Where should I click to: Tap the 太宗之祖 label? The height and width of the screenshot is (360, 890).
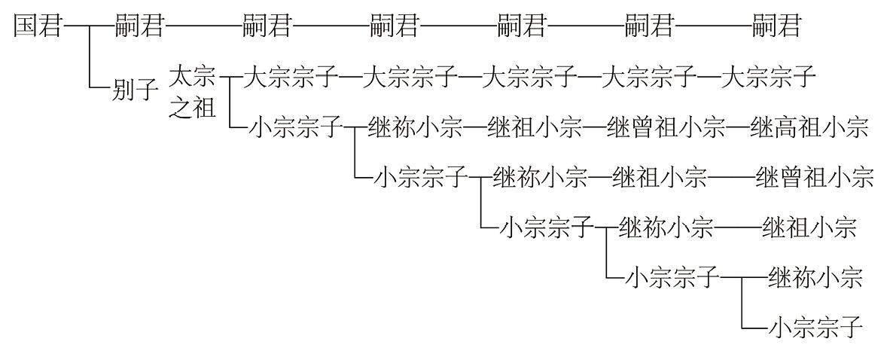[192, 92]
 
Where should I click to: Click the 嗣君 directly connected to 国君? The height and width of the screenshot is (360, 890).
[139, 28]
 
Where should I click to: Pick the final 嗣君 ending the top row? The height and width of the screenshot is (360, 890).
[776, 28]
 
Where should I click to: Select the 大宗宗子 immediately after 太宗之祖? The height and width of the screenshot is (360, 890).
[292, 77]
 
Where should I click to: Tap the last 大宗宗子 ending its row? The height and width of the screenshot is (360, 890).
[768, 77]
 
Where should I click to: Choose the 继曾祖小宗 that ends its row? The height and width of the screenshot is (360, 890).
[814, 178]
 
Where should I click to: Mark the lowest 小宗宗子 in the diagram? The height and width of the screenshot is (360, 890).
[814, 328]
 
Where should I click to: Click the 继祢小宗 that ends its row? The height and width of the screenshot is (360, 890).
[814, 278]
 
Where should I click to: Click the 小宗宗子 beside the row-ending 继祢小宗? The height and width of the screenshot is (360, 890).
[672, 278]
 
